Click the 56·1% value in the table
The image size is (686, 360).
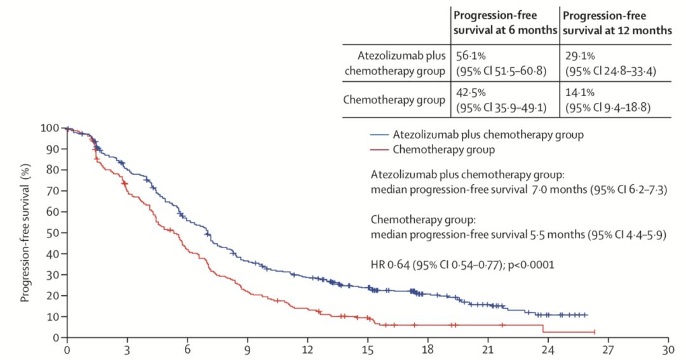tap(468, 56)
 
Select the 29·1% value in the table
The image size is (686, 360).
tap(579, 56)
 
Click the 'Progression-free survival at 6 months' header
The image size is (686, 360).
tap(504, 22)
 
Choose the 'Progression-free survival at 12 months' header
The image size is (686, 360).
tap(616, 22)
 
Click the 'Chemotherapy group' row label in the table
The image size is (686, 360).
tap(394, 100)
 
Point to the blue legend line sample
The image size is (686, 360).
tap(379, 135)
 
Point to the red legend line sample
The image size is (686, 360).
tap(379, 150)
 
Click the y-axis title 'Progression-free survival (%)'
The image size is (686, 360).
tap(26, 233)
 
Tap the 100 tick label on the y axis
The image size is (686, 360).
tap(50, 128)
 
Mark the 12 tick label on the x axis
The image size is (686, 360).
tap(307, 350)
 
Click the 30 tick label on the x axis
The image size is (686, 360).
tap(668, 350)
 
